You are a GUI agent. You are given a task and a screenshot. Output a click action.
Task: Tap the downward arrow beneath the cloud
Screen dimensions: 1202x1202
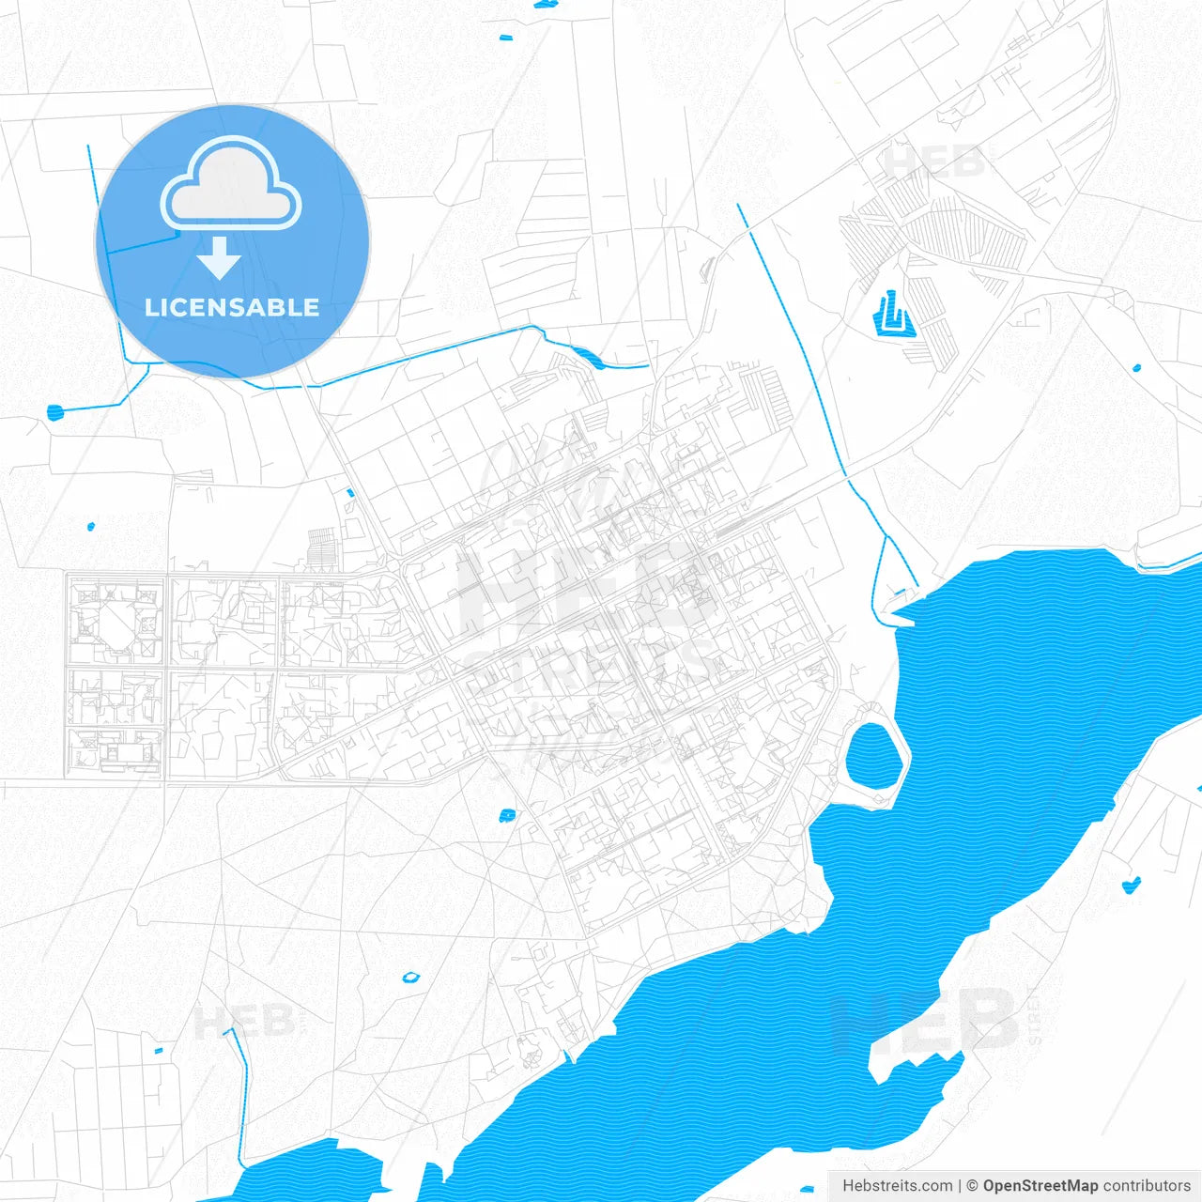[220, 258]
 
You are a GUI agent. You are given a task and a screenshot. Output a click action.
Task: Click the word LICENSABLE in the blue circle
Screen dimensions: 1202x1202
[232, 307]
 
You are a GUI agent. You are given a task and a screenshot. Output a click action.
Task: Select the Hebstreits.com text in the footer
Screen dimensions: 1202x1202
[897, 1186]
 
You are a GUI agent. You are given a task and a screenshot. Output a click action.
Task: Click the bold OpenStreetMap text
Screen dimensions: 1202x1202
[1040, 1186]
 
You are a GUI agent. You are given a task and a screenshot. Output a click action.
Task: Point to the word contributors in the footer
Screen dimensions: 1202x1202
[1147, 1186]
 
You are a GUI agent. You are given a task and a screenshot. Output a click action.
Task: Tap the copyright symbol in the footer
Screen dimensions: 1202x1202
[973, 1186]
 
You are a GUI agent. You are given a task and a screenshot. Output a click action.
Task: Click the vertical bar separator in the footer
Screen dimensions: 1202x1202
[960, 1186]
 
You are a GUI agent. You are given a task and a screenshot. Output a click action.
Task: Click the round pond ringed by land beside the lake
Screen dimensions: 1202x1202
[871, 754]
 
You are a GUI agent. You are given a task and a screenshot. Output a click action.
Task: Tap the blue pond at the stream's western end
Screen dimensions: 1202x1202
[54, 411]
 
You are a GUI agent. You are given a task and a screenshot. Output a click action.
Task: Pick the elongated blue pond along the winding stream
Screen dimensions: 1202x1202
[588, 357]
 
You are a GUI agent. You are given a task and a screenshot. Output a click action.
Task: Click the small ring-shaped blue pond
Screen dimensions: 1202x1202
[410, 978]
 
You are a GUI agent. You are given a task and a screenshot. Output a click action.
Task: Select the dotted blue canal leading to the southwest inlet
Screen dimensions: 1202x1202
[240, 1089]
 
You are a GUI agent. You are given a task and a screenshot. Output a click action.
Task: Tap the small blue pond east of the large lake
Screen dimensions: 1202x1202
[1132, 884]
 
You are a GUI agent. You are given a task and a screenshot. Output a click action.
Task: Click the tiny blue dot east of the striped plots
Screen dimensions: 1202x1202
[1136, 368]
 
